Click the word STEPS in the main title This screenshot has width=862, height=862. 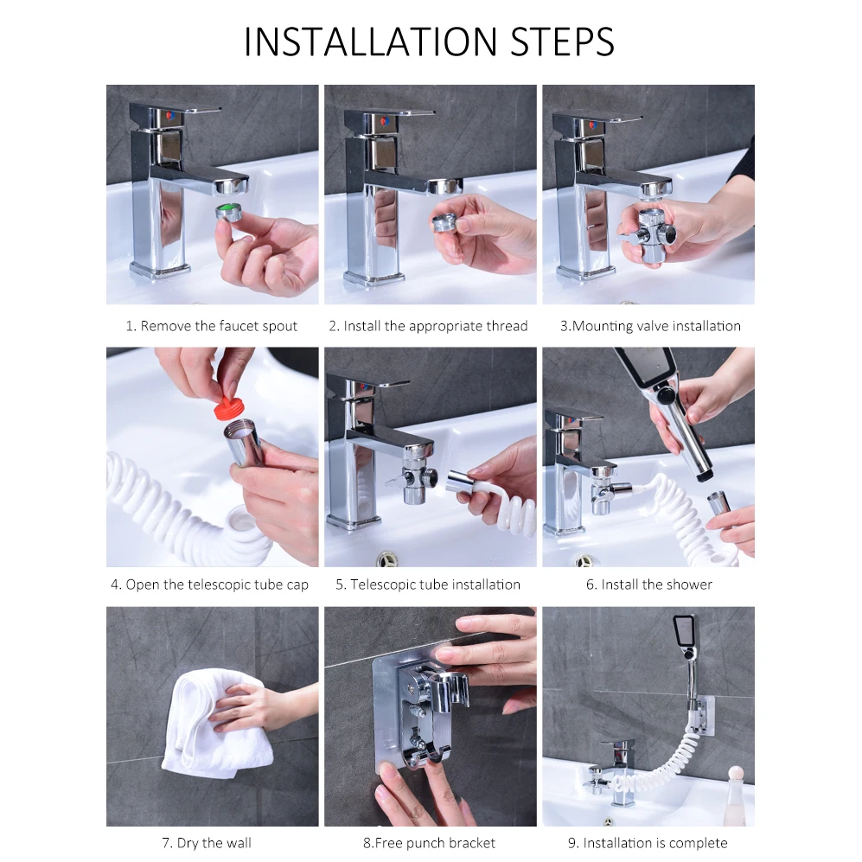click(x=562, y=42)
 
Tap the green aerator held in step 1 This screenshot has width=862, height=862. click(x=229, y=212)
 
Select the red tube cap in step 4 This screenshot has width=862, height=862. click(x=227, y=403)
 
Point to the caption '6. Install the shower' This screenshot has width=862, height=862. click(x=648, y=584)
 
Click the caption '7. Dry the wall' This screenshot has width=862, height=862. click(x=206, y=843)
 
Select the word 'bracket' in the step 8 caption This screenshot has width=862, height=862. click(x=472, y=843)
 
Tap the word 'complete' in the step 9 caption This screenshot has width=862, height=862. click(x=699, y=843)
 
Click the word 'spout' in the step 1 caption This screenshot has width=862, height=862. click(x=280, y=326)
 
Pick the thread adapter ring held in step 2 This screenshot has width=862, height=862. click(x=444, y=223)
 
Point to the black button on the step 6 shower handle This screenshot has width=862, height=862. click(x=667, y=395)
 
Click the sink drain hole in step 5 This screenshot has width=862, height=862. click(x=388, y=560)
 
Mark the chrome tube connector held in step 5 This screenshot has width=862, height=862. click(x=463, y=483)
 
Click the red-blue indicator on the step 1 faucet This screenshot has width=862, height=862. click(x=170, y=116)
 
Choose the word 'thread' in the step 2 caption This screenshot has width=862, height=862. click(x=507, y=326)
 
